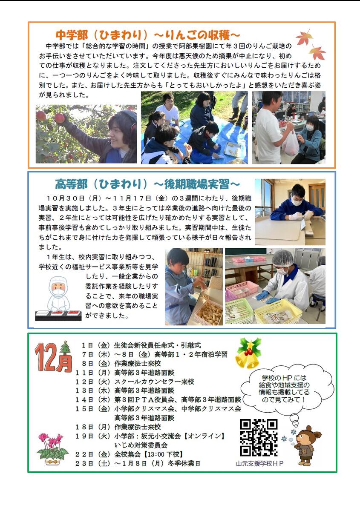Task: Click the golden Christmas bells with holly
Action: pos(248,353)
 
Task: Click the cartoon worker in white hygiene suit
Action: pos(59,298)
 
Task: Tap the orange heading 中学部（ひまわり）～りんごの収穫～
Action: pos(148,35)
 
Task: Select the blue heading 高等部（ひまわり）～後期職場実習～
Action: pos(147,184)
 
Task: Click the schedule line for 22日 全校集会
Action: pos(129,454)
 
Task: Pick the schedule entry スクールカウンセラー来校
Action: pos(154,382)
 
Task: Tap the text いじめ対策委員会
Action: pos(141,445)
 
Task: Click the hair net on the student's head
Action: pos(282,258)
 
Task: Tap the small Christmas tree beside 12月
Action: pos(66,349)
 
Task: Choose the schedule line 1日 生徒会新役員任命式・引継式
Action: pos(141,345)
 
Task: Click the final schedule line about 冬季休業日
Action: pos(138,463)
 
